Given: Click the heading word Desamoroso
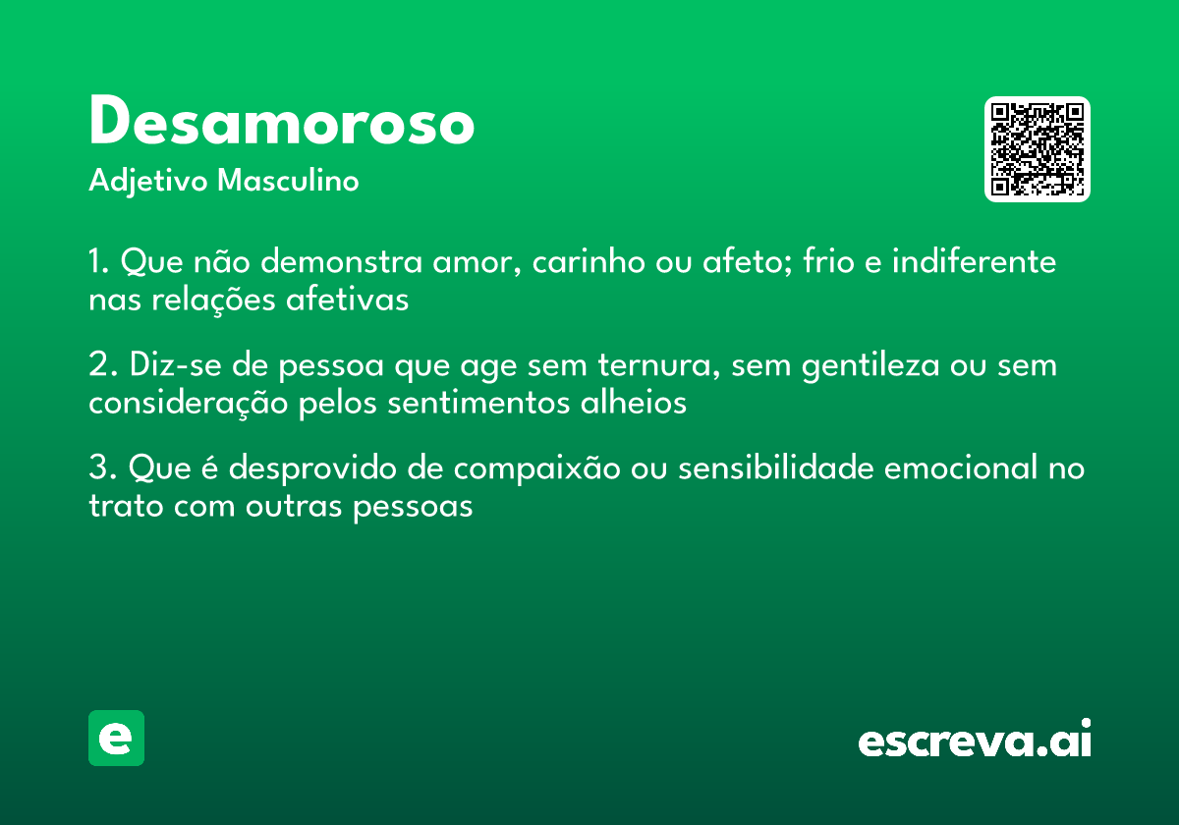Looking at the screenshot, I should [x=282, y=124].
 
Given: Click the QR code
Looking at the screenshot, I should [x=1038, y=149].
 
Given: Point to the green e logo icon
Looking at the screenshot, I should [x=116, y=738].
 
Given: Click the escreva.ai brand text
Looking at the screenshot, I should [x=975, y=741].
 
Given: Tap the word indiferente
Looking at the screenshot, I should [x=975, y=263].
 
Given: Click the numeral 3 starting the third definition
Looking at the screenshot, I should [x=96, y=469].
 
